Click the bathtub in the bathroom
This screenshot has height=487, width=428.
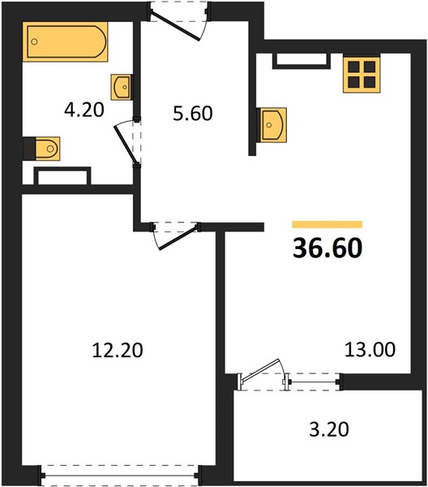[65, 41]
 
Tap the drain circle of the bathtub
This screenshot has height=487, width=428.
[34, 41]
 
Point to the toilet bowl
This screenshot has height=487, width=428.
[48, 149]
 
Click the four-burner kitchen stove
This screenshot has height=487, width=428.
[362, 75]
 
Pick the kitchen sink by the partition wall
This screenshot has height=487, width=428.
[272, 125]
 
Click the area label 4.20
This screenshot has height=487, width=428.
[84, 110]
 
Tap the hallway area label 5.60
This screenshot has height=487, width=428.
[193, 114]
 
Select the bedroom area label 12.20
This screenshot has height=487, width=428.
[118, 350]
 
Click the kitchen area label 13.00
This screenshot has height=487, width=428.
[370, 349]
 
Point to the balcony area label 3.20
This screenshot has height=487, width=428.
[329, 429]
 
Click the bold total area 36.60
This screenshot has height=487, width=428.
[327, 248]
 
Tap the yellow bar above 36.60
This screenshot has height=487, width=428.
[327, 224]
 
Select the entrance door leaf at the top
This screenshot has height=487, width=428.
[175, 26]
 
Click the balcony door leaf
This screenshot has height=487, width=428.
[260, 369]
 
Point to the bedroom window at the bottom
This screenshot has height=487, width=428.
[119, 475]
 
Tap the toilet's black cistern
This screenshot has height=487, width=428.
[29, 149]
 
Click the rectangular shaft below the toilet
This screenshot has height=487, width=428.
[62, 177]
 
